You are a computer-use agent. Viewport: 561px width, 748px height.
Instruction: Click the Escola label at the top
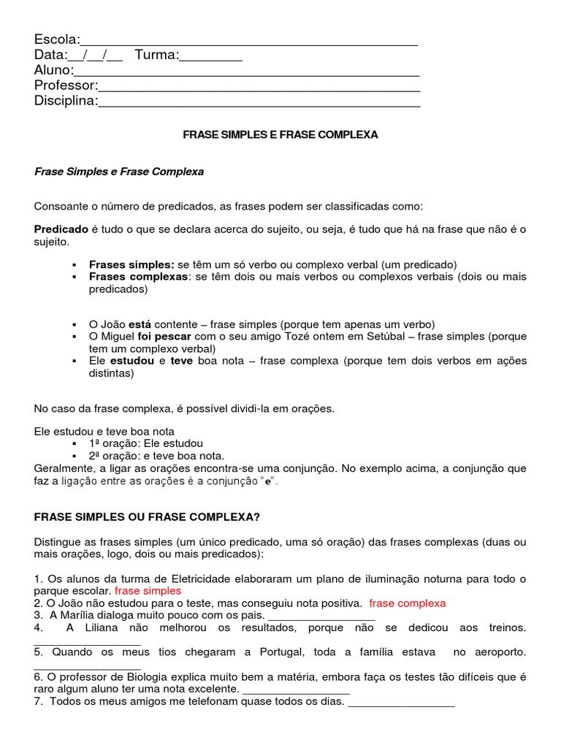coord(56,39)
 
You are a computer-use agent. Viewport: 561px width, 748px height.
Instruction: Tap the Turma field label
coord(156,55)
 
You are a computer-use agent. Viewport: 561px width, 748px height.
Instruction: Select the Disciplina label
coord(65,101)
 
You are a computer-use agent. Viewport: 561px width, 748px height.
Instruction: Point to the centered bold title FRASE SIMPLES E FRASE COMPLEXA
coord(280,135)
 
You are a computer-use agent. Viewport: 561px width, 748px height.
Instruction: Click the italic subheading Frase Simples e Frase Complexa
coord(119,172)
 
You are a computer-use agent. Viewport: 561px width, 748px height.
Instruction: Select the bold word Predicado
coord(61,229)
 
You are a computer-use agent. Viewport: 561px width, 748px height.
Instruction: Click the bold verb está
coord(140,324)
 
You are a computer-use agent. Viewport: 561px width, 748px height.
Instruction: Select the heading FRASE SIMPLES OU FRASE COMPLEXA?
coord(147,516)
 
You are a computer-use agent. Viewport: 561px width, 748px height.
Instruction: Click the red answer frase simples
coord(148,590)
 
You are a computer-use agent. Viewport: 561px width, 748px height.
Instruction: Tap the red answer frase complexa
coord(407,603)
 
